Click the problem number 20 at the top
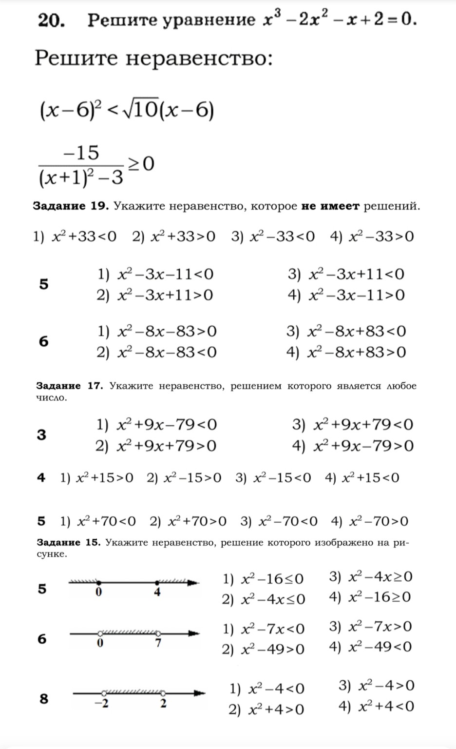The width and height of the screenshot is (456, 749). point(50,21)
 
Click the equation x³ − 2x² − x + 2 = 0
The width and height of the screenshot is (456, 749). point(339,20)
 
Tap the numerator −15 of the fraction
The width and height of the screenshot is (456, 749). point(80,153)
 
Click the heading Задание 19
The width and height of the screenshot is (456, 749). point(71,206)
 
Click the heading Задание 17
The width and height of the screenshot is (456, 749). point(70,386)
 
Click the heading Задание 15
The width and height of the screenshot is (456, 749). point(69,542)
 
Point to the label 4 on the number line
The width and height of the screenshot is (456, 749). point(157,593)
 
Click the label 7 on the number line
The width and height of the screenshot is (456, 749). point(158,643)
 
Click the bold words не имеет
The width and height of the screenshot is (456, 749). point(330,206)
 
